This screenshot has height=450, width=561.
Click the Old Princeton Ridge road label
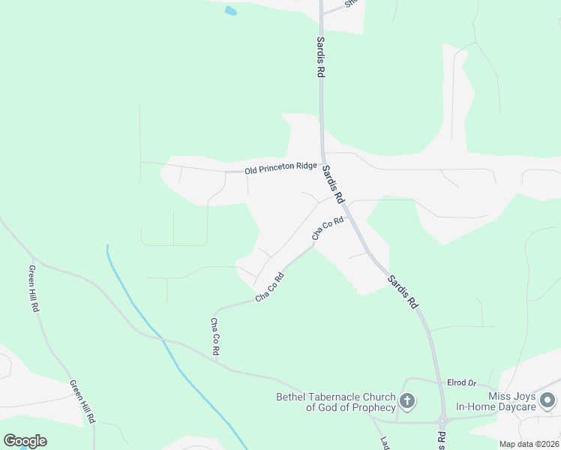coord(280,169)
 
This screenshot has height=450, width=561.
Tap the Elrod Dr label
coord(461,382)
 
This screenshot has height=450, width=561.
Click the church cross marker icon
coord(407,401)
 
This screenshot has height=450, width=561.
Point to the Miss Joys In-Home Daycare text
coord(499,401)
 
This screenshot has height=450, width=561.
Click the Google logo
coord(25,441)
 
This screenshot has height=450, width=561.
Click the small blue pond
coord(230,11)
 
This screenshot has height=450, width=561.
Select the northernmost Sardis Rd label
coord(320,58)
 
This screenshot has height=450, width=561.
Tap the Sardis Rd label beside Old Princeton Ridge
coord(333,184)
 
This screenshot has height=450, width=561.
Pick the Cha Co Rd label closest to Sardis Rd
coord(328,229)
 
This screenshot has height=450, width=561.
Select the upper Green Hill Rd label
coord(34,288)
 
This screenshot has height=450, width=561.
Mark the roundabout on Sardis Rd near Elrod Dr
coord(443,419)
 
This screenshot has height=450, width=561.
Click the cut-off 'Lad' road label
coord(383,442)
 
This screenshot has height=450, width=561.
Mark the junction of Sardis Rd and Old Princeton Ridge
coord(322,163)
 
